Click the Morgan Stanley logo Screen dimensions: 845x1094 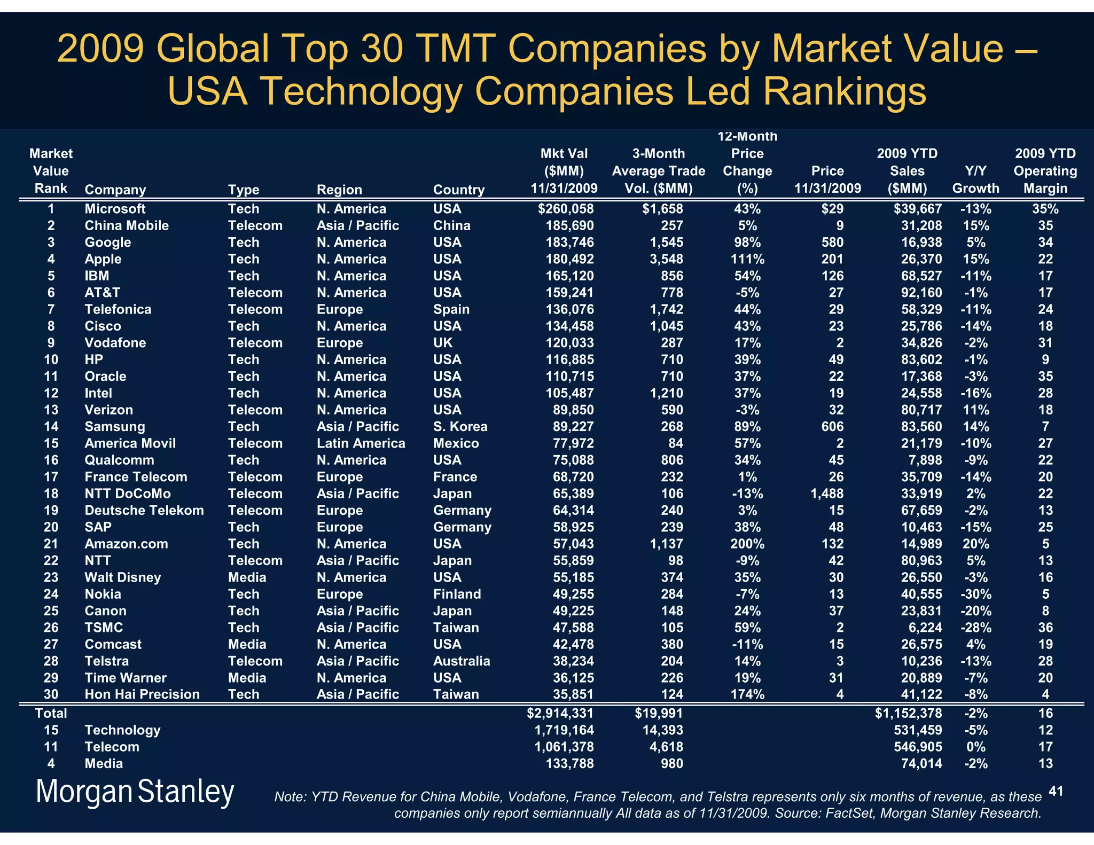(x=135, y=792)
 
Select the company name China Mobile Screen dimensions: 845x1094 (x=127, y=225)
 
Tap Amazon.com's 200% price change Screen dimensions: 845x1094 (x=747, y=544)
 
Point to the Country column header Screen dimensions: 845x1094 (x=458, y=190)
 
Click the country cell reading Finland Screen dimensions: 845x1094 (x=457, y=594)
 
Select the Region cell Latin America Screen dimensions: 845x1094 (x=361, y=443)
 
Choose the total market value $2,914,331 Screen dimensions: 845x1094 (x=560, y=713)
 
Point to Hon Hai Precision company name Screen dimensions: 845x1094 (x=142, y=694)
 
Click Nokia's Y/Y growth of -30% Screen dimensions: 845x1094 (x=975, y=594)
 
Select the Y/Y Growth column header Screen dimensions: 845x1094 (x=975, y=180)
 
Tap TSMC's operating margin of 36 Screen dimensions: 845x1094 (x=1045, y=628)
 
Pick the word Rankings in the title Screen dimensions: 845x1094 (x=844, y=91)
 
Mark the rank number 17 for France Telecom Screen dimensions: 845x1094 (x=51, y=477)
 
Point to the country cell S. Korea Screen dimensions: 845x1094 (x=460, y=427)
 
